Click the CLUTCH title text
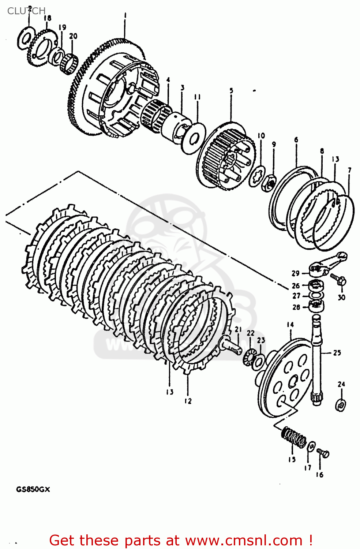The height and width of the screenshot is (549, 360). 26,11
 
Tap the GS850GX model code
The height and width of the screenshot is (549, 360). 33,489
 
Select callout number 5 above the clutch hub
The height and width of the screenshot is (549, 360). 231,90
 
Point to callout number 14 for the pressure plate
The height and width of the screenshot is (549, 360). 290,325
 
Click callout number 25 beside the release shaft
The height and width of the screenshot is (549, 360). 337,353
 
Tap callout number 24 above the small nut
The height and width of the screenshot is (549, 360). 341,384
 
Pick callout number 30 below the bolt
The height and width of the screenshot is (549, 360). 341,298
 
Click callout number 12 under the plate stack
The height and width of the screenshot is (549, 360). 188,401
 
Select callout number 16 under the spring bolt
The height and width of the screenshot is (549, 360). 319,475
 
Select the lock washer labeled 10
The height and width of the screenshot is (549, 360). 258,176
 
